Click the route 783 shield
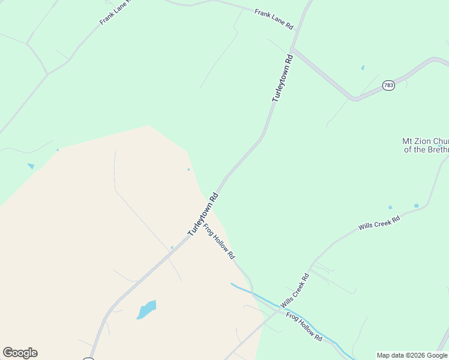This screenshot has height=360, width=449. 388,86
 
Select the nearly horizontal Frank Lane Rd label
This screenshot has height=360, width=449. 273,20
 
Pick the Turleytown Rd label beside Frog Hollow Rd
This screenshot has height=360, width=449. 202,214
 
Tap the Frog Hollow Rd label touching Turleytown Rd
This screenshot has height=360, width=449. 218,241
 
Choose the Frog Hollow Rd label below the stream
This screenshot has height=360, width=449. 304,327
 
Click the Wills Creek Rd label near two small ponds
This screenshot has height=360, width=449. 379,223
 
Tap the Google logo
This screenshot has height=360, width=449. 20,353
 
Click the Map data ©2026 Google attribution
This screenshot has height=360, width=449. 412,355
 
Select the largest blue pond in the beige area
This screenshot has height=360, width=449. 146,310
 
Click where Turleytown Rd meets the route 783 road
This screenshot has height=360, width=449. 292,49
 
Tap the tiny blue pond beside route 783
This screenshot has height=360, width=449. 363,68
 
